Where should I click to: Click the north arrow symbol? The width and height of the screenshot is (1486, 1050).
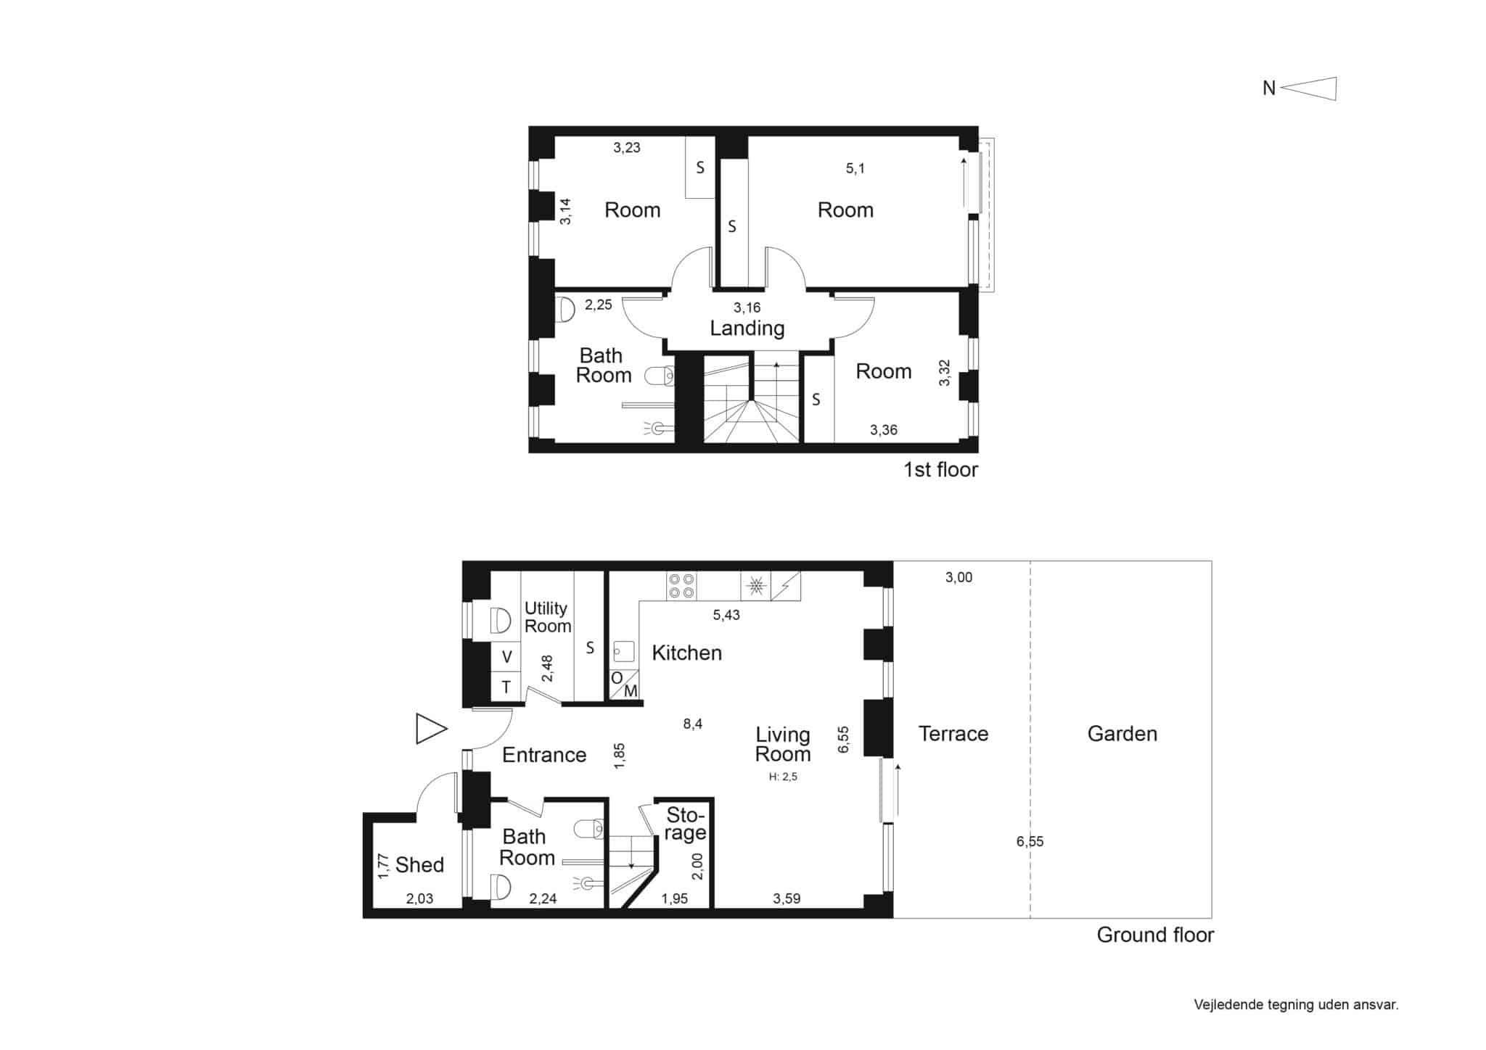[1308, 88]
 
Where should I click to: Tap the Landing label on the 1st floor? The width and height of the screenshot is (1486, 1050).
[747, 329]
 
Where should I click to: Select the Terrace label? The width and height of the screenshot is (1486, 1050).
[953, 734]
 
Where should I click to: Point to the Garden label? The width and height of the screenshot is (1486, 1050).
[1122, 734]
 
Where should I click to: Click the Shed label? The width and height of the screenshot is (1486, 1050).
[419, 864]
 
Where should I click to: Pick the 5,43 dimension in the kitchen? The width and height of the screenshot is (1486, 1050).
[726, 615]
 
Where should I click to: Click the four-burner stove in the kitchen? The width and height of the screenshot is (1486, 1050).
[681, 586]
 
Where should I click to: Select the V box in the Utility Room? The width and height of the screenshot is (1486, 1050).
[506, 657]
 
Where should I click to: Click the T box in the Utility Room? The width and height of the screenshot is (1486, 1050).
[506, 687]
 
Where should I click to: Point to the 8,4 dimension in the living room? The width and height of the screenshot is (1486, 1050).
[693, 724]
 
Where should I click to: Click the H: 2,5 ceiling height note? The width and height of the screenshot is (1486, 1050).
[783, 777]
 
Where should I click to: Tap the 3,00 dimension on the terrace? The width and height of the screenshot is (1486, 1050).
[958, 578]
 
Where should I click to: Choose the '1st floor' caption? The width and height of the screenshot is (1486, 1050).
[940, 470]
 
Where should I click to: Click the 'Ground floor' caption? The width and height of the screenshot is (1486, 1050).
[1155, 935]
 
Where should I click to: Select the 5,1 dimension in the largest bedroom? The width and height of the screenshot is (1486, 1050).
[855, 169]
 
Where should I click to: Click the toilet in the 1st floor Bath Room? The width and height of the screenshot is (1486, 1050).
[660, 376]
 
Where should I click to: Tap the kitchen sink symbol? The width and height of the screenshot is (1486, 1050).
[624, 651]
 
